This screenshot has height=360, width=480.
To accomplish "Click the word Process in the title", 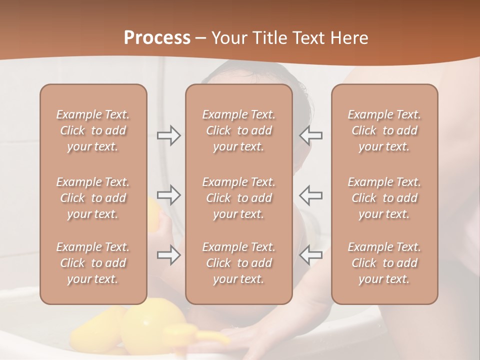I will (157, 38).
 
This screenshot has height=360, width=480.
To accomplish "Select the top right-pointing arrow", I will (169, 135).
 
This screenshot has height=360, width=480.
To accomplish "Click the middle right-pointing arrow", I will (169, 195).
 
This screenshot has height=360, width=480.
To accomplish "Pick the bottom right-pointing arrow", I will (169, 255).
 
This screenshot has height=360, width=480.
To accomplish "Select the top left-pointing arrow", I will (311, 135).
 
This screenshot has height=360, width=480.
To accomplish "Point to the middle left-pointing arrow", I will (311, 195).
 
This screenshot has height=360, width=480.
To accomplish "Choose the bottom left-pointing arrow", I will (311, 255).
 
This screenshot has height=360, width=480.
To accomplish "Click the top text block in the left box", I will (93, 130).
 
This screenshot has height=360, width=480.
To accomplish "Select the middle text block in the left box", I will (93, 198).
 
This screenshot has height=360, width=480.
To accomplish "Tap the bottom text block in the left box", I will (93, 263).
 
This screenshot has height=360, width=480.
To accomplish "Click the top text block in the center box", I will (238, 130).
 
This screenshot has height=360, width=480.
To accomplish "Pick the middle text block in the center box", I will (238, 198).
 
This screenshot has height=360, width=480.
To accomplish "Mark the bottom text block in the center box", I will (238, 263).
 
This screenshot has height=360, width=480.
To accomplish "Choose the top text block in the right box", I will (384, 130).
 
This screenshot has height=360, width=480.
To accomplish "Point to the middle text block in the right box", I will (384, 198).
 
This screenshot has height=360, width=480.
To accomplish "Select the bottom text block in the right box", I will (384, 263).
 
